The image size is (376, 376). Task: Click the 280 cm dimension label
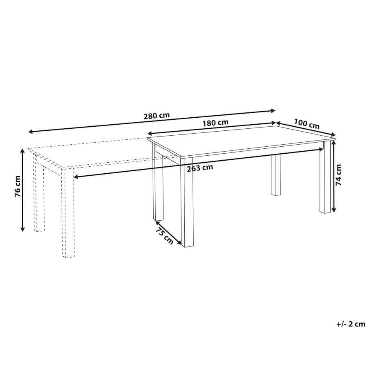point(157,116)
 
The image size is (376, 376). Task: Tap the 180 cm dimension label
point(215,123)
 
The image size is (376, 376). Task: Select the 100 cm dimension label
point(307,124)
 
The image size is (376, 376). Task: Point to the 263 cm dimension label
point(200,168)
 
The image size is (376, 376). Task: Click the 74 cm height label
point(338,175)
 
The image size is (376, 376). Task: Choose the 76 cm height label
point(18,186)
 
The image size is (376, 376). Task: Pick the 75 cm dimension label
point(164,236)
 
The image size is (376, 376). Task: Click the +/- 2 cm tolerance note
point(351,324)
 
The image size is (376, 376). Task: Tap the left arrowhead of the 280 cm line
point(31,132)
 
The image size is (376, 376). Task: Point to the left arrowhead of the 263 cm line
point(76,177)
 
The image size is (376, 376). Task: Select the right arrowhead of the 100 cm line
point(333,135)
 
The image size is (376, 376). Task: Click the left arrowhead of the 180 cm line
point(150,133)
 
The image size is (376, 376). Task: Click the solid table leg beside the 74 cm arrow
point(325,177)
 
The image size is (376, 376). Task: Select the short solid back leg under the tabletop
point(276,175)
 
